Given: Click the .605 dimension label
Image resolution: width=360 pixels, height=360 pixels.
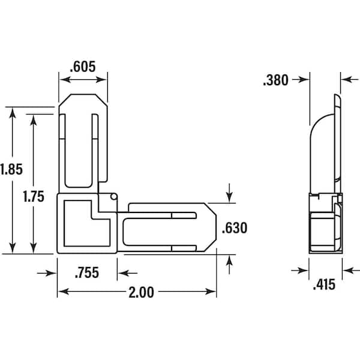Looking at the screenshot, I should [x=83, y=67].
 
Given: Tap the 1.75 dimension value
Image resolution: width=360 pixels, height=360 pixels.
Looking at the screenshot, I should [x=34, y=196].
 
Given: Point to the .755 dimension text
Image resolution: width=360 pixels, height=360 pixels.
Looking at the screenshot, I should [x=87, y=273].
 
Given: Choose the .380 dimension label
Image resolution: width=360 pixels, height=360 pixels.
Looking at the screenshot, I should [x=276, y=80].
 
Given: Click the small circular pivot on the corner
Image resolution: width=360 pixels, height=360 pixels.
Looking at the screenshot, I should [x=113, y=197].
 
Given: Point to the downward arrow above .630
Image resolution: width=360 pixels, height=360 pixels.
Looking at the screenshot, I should [x=229, y=197].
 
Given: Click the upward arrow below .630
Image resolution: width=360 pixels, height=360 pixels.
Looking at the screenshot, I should [x=229, y=259].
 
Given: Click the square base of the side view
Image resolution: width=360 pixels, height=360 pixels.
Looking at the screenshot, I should [x=325, y=231].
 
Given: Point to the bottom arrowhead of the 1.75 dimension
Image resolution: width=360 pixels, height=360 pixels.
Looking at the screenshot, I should [x=34, y=248].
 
